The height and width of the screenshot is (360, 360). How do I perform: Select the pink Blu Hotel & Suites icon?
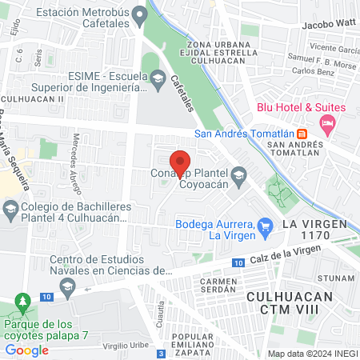click(x=326, y=124)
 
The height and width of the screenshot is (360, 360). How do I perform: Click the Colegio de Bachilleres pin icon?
click(x=10, y=211)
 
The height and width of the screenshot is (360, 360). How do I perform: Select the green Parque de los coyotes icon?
click(x=22, y=305)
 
